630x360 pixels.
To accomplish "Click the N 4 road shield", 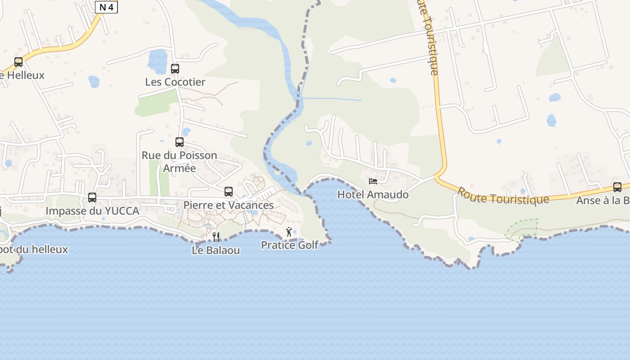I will click(x=106, y=7).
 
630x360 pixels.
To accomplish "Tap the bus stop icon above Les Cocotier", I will click(x=175, y=69).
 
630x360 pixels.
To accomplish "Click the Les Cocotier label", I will click(x=175, y=82).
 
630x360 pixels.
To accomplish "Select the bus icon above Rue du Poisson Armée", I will click(x=180, y=142).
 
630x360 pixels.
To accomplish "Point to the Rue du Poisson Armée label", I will click(x=179, y=162).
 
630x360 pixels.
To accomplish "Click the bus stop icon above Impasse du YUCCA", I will click(x=92, y=197).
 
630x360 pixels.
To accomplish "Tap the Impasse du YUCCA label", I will click(x=92, y=211).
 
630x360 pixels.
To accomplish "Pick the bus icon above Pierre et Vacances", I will click(x=229, y=192).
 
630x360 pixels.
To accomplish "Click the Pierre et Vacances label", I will click(x=229, y=205).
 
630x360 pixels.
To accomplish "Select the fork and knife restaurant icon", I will click(x=216, y=237).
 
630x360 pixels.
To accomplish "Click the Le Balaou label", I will click(x=216, y=250).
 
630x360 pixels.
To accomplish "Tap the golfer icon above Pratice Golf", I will click(x=289, y=232).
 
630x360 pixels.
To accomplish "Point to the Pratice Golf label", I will click(x=290, y=245).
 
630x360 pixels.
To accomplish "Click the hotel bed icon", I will click(x=373, y=181).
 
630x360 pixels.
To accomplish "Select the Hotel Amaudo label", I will click(x=373, y=194).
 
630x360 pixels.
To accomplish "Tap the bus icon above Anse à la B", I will click(x=617, y=187).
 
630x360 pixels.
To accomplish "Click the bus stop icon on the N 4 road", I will click(x=18, y=62).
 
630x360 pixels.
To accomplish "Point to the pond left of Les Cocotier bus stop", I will click(x=157, y=61).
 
